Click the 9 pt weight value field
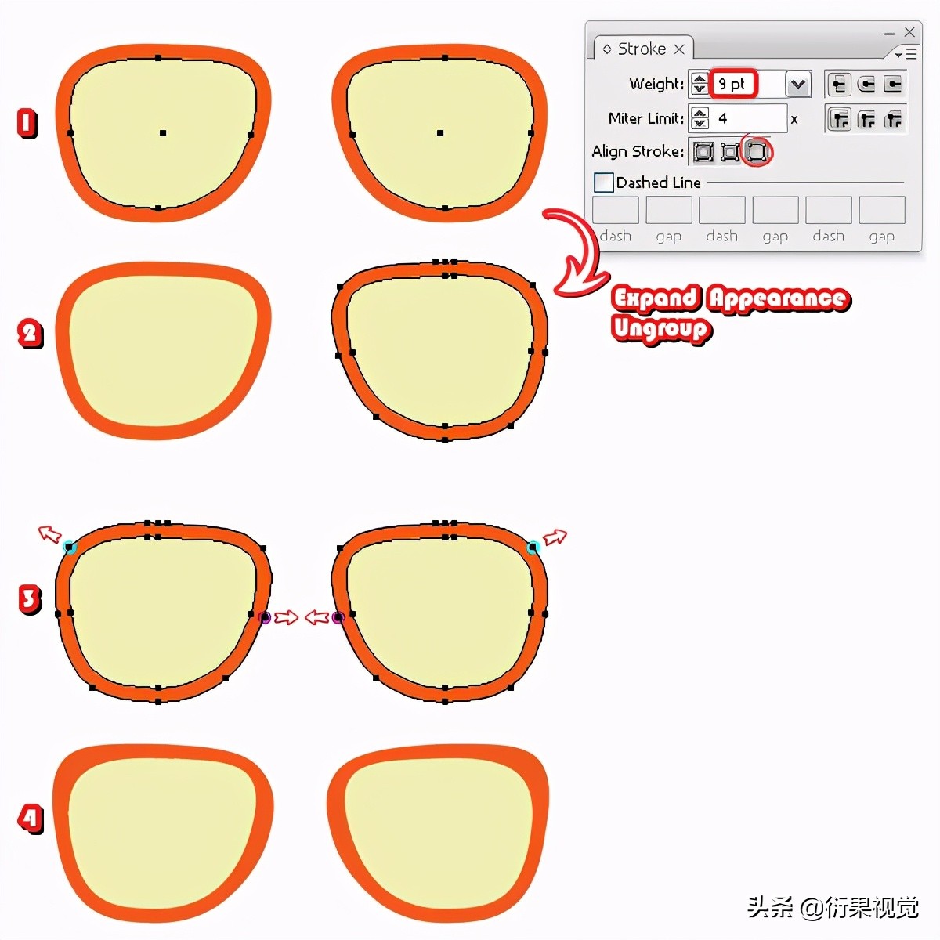tap(732, 84)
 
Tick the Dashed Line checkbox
tap(603, 183)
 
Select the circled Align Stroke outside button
tap(756, 151)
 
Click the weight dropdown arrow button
tap(797, 84)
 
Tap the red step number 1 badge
tap(27, 123)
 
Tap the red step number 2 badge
tap(30, 334)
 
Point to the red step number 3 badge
tap(30, 599)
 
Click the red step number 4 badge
tap(30, 819)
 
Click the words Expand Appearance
tap(730, 298)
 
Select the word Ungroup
tap(661, 328)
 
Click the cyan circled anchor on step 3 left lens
tap(70, 547)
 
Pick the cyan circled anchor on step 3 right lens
tap(533, 547)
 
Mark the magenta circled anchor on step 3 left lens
tap(265, 618)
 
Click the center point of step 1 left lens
tap(163, 133)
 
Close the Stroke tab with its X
tap(679, 49)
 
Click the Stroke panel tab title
tap(642, 49)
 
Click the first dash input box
tap(615, 210)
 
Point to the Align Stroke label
tap(638, 151)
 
